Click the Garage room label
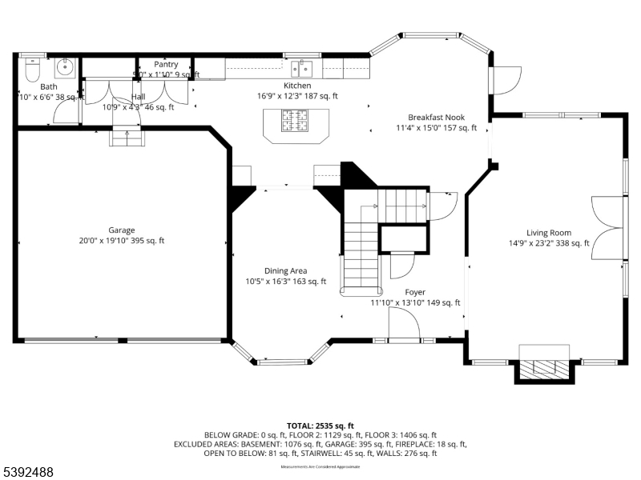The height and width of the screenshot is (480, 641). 122,230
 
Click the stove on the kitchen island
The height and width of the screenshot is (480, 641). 295,122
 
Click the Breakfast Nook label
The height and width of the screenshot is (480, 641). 436,117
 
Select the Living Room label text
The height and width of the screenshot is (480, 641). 549,233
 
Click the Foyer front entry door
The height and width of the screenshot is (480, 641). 404,326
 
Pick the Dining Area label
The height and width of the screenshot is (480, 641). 286,270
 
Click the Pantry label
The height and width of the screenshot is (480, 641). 166,65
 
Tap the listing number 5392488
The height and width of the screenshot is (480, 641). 29,473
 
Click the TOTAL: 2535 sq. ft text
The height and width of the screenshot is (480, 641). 320,426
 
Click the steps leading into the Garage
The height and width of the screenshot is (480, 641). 127,139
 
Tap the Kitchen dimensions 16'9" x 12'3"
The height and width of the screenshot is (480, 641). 297,96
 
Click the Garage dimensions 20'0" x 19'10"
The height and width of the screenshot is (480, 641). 122,241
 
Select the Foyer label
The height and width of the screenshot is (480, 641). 415,292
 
